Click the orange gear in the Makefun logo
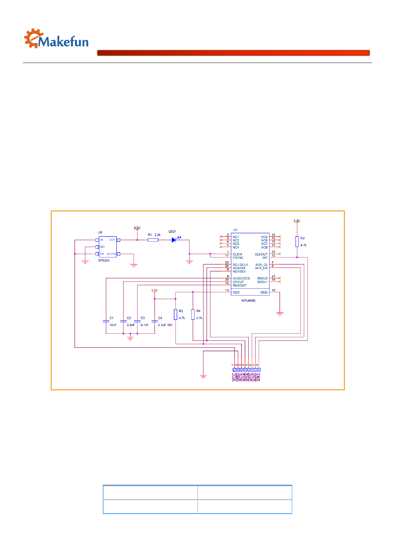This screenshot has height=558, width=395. tap(33, 38)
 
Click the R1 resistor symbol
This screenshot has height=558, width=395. tap(153, 240)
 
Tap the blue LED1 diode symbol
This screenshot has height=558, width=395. tap(174, 240)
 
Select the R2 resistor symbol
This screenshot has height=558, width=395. tap(297, 242)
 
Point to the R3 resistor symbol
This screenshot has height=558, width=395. tap(175, 314)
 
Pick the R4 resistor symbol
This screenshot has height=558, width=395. tap(193, 314)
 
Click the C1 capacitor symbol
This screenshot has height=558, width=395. tap(106, 321)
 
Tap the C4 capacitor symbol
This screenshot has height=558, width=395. tap(155, 321)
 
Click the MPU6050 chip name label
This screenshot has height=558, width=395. tap(248, 301)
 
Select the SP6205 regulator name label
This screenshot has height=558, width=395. tap(104, 260)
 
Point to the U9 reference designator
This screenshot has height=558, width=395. tap(100, 232)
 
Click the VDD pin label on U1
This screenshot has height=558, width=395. tap(236, 293)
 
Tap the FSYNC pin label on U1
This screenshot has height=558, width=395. tap(238, 258)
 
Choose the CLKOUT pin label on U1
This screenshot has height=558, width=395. tap(261, 254)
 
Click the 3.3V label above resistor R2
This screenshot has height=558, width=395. tap(297, 221)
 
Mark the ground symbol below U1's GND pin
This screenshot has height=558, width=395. tap(280, 314)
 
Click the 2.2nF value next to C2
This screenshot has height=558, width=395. tap(131, 325)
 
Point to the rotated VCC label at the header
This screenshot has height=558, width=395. tap(234, 377)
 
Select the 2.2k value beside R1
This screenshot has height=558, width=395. tap(158, 235)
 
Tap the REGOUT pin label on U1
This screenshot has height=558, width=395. tap(239, 286)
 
